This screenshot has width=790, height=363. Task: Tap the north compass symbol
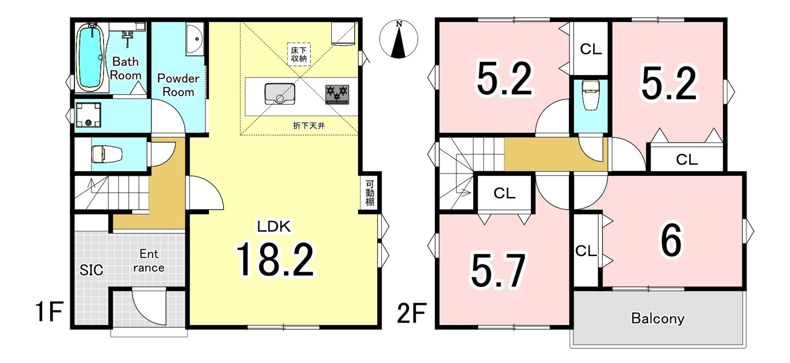pyautogui.click(x=399, y=39)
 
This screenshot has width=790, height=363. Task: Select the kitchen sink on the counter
pyautogui.click(x=280, y=94)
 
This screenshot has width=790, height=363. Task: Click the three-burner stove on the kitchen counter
pyautogui.click(x=337, y=95)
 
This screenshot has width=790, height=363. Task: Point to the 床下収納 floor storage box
pyautogui.click(x=299, y=54)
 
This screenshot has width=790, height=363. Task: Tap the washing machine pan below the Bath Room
pyautogui.click(x=88, y=115)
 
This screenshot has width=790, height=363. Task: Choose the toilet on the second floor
pyautogui.click(x=590, y=95)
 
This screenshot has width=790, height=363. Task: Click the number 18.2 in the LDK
pyautogui.click(x=275, y=260)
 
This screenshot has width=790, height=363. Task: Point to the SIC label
pyautogui.click(x=91, y=270)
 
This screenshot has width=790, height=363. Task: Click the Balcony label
pyautogui.click(x=658, y=318)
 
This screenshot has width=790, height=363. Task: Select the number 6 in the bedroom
pyautogui.click(x=672, y=240)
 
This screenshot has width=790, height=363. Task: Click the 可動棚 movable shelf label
pyautogui.click(x=370, y=193)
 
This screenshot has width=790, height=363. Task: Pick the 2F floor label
pyautogui.click(x=412, y=313)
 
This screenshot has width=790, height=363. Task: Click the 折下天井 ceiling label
pyautogui.click(x=309, y=126)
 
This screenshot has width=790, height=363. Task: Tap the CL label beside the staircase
pyautogui.click(x=505, y=193)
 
